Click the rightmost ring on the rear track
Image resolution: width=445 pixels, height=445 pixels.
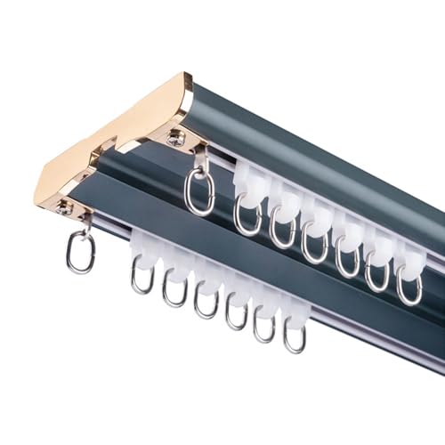[409, 287]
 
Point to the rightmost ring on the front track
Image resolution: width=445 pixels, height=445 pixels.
[295, 336]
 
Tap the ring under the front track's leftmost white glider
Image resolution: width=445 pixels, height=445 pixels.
[143, 275]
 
